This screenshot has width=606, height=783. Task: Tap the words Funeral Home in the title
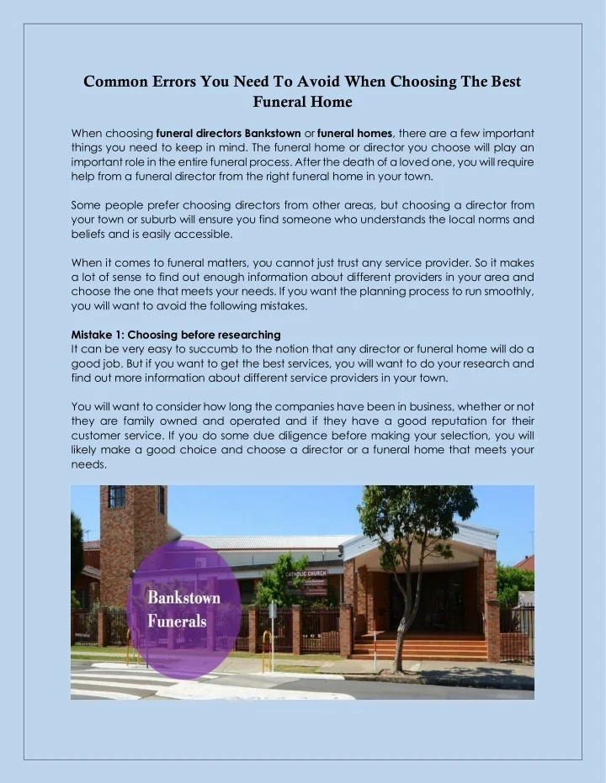[302, 103]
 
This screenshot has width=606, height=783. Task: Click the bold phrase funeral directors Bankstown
[229, 133]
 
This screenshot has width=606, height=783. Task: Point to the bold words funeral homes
[354, 133]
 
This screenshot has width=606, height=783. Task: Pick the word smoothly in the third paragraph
[502, 292]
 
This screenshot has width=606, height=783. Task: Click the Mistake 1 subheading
[176, 335]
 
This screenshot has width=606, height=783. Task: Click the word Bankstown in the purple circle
[184, 598]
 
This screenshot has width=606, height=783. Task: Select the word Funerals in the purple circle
[178, 621]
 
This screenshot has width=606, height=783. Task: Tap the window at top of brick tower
[116, 497]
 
